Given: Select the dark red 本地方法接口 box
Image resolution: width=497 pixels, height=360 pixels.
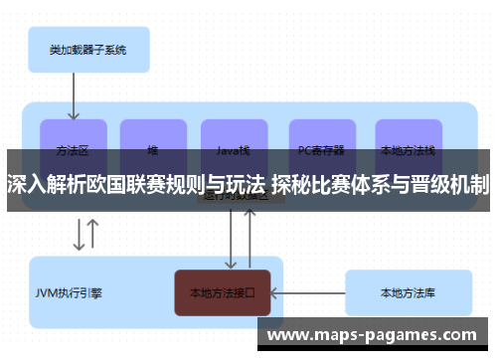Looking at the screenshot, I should pyautogui.click(x=222, y=292).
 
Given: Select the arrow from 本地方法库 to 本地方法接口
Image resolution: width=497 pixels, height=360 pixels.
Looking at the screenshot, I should pyautogui.click(x=307, y=292).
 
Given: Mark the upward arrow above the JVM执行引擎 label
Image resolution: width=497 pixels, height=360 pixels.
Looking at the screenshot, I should pyautogui.click(x=92, y=234).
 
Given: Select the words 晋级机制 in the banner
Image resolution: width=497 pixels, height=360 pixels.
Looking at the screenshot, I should pyautogui.click(x=448, y=184).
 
